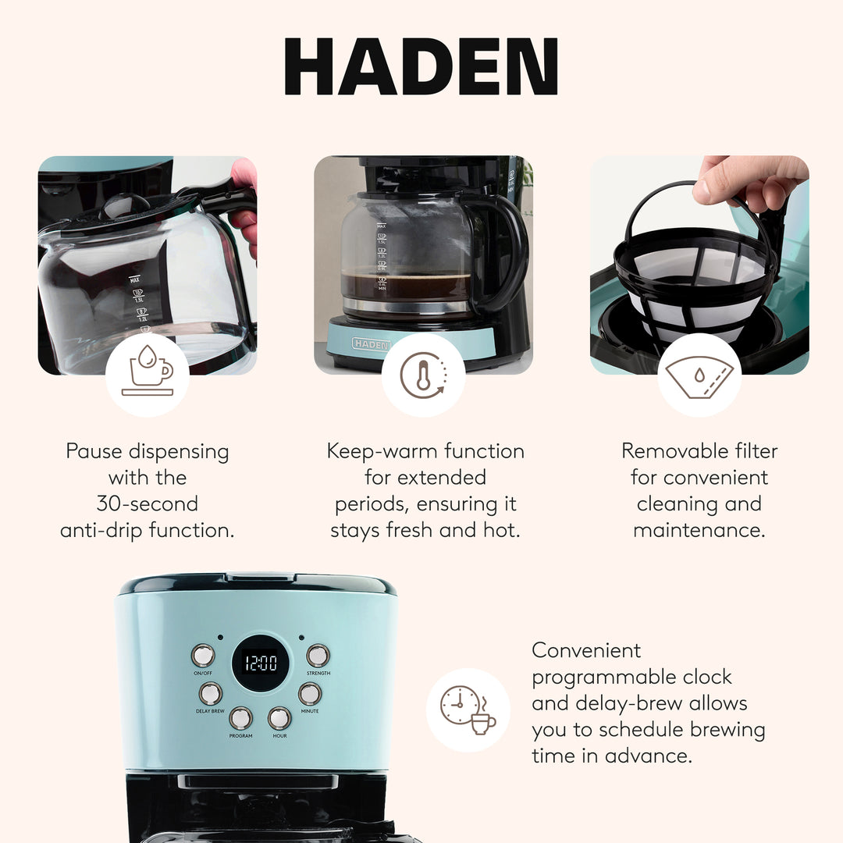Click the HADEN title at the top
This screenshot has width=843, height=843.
coord(421,67)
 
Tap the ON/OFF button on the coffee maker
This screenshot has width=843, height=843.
coord(203,655)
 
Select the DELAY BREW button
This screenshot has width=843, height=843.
coord(210,693)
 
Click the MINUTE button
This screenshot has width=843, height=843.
coord(310,693)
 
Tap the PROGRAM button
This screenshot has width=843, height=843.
coord(240,717)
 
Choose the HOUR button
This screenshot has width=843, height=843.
coord(279,717)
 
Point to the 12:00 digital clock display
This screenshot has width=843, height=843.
coord(261,663)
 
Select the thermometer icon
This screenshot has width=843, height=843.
coord(423,375)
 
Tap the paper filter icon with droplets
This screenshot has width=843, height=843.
coord(699,375)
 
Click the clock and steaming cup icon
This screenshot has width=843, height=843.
coord(468,710)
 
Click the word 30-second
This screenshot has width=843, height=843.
coord(148,503)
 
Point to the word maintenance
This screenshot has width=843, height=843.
coord(699,531)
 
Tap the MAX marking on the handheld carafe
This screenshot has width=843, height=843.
coord(134,279)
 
